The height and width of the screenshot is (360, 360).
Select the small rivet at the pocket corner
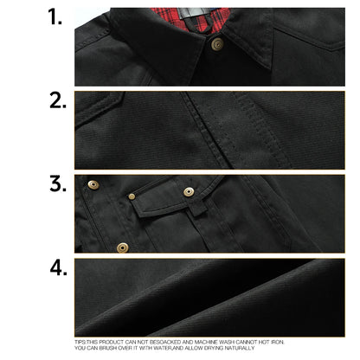132,196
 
